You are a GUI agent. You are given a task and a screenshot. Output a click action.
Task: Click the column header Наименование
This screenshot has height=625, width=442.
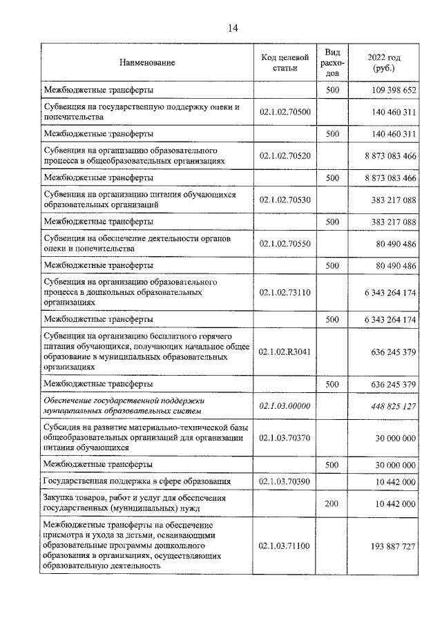coord(147,63)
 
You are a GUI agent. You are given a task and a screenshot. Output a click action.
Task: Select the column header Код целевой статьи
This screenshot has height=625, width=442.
coord(285,63)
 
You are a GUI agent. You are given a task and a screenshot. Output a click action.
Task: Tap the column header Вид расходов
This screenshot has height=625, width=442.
coord(332,62)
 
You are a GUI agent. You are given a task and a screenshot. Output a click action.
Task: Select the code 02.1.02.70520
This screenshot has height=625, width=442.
coord(285,155)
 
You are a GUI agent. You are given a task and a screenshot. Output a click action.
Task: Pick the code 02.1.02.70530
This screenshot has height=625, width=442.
coord(285,200)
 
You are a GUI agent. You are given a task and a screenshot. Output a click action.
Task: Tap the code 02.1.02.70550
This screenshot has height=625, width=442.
coord(285,244)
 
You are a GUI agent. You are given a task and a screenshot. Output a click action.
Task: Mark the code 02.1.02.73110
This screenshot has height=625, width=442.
coord(285,293)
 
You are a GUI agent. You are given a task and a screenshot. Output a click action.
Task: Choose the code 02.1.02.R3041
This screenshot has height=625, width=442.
coord(285,352)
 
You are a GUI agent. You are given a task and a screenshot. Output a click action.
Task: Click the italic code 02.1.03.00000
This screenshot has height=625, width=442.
coord(285,406)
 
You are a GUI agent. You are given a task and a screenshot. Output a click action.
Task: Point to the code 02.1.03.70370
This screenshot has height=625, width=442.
coord(285,438)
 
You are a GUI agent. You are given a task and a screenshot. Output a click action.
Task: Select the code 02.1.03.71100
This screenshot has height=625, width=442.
coord(285,546)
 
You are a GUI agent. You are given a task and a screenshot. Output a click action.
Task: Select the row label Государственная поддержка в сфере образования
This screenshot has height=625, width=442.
coord(137,481)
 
